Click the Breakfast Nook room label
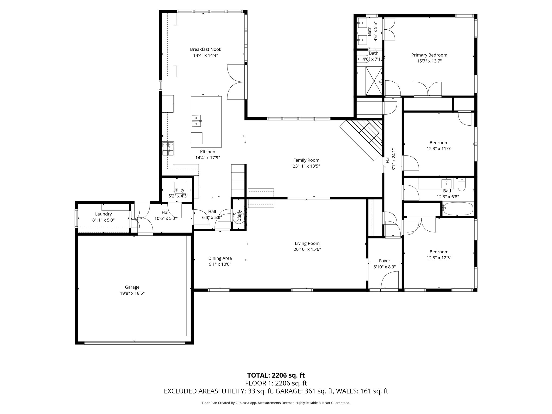point(205,49)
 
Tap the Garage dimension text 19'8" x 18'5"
point(132,293)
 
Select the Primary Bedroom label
point(429,55)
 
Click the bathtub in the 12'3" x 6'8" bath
point(458,209)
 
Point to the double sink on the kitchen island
point(196,121)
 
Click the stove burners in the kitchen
point(168,149)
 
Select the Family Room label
point(306,160)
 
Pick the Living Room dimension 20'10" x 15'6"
point(307,249)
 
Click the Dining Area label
point(220,258)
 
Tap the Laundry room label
point(103,214)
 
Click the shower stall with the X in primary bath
point(374,81)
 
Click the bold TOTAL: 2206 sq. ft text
point(276,375)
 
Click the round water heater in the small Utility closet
point(238,217)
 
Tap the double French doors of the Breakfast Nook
point(236,82)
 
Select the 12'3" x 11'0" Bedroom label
point(439,143)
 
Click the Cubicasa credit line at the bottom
point(276,403)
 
